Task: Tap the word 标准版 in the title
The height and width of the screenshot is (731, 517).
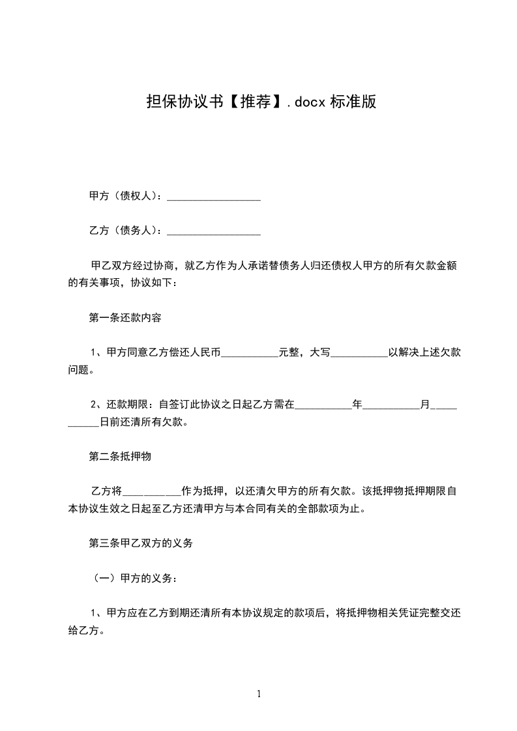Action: (x=353, y=102)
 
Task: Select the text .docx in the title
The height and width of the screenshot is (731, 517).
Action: (x=307, y=102)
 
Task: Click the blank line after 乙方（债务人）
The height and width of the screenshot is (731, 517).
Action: (x=214, y=231)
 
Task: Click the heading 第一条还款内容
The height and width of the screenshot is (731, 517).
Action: (x=125, y=319)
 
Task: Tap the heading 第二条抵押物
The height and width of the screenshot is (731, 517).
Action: (x=120, y=457)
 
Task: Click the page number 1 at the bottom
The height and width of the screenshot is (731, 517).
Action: (x=259, y=694)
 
